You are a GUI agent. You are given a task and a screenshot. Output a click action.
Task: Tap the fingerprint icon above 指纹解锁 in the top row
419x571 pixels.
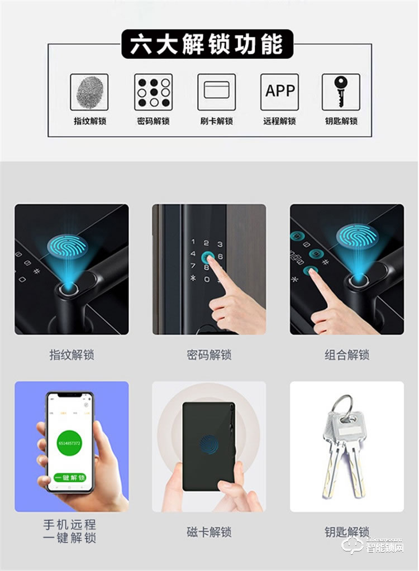click(x=89, y=92)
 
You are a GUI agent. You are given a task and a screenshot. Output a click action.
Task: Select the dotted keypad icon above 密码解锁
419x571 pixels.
click(x=153, y=92)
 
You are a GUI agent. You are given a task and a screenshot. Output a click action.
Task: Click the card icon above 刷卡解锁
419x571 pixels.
click(x=216, y=92)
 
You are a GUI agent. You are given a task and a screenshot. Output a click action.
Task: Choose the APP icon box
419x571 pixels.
click(x=279, y=92)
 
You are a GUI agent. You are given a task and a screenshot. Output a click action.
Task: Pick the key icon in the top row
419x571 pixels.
click(x=341, y=90)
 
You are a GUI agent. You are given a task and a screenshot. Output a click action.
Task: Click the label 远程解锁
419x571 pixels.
click(x=279, y=121)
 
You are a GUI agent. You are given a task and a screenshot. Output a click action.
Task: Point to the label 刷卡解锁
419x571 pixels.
click(x=216, y=121)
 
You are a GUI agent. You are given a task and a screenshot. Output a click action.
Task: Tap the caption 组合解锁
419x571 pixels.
click(x=346, y=355)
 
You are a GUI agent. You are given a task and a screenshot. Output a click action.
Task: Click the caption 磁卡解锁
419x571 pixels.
click(x=209, y=532)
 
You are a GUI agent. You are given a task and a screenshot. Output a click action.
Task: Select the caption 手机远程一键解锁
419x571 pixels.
click(x=70, y=531)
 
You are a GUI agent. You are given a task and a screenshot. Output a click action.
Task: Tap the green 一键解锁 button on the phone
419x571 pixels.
click(x=70, y=478)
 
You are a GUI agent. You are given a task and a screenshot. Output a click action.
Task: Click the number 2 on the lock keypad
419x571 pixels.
click(x=206, y=243)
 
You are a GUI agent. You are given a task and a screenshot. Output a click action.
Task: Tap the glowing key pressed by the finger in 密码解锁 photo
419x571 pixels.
click(x=208, y=258)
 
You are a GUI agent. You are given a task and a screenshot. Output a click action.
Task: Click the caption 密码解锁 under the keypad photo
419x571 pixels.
click(x=209, y=355)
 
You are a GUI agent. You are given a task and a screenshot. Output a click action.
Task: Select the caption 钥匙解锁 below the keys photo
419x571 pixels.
click(x=346, y=532)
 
